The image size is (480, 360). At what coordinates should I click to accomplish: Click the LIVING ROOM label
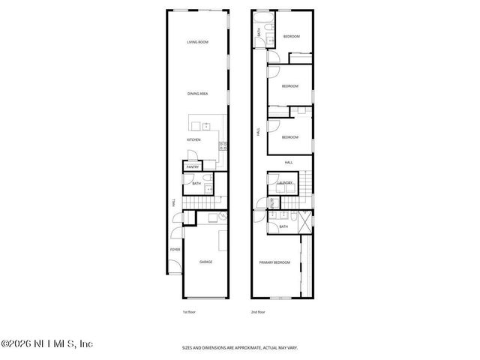click(x=197, y=42)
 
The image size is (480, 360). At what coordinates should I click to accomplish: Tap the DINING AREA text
click(x=197, y=94)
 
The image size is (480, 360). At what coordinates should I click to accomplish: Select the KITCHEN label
click(x=194, y=140)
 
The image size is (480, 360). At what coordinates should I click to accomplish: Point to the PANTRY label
click(x=192, y=166)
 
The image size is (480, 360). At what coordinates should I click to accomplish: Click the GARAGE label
click(x=205, y=262)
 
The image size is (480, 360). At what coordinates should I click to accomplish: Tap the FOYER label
click(x=175, y=249)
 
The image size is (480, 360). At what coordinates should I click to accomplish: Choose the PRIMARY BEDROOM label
click(x=274, y=262)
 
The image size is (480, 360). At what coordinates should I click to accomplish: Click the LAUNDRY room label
click(x=285, y=183)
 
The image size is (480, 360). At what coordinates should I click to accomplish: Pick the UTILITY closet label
click(x=272, y=203)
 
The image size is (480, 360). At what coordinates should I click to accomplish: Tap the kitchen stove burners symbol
click(x=222, y=145)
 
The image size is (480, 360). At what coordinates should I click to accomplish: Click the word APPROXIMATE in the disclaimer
click(x=240, y=347)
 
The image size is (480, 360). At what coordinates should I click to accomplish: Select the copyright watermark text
click(x=46, y=344)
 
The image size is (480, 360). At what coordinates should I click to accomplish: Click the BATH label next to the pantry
click(x=196, y=183)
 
